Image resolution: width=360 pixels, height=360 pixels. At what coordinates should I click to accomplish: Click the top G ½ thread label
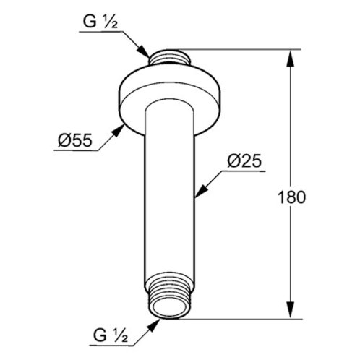[100, 22]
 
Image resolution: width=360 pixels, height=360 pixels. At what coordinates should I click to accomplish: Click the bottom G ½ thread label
[111, 335]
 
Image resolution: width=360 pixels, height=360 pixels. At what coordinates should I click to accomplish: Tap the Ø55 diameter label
[75, 140]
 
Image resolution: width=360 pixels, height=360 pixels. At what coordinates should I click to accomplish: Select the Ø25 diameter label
[244, 160]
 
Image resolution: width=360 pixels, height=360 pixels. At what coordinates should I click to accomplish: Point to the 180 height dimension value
[292, 197]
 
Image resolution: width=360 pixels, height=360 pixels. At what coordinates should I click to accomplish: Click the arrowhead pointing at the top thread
[143, 51]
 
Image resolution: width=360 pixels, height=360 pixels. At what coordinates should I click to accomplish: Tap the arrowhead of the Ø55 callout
[118, 131]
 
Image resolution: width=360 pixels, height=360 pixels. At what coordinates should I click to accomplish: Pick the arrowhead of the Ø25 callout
[201, 191]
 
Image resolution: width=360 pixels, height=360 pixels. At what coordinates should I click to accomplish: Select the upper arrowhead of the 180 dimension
[291, 58]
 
